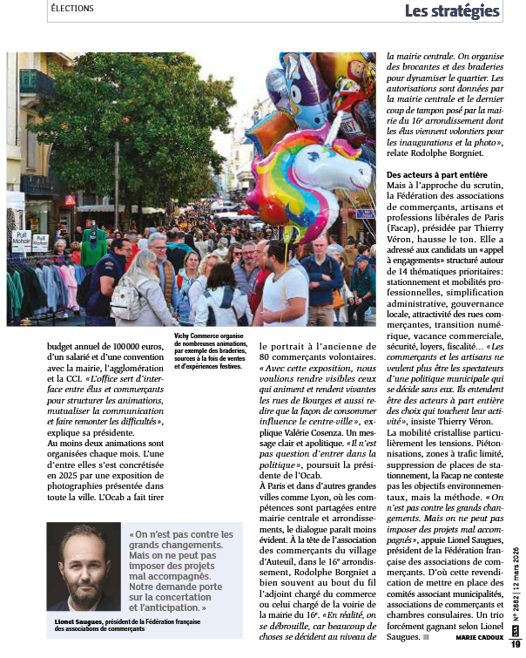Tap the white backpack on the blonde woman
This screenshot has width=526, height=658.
[x=125, y=302]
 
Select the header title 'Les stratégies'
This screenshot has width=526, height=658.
[x=452, y=11]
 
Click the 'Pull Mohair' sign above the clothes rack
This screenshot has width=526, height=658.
[x=21, y=239]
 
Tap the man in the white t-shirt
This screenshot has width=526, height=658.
[x=283, y=288]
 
